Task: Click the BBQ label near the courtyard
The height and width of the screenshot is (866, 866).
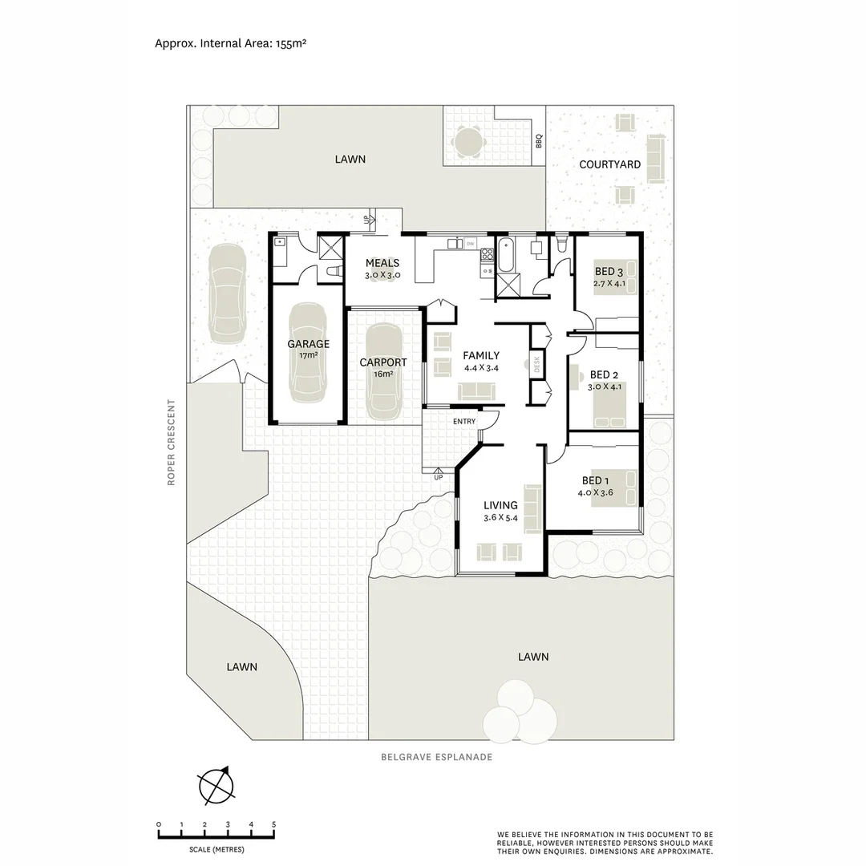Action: tap(539, 141)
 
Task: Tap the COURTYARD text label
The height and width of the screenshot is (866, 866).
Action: tap(609, 164)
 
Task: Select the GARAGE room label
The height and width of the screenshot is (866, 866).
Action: tap(308, 344)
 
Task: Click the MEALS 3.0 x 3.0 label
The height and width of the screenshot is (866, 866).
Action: tap(382, 269)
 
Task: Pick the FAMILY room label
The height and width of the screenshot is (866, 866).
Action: tap(481, 356)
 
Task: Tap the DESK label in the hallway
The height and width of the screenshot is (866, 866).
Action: tap(537, 365)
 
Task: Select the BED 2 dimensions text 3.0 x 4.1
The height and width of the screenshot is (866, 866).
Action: tap(605, 386)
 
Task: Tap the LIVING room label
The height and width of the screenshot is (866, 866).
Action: tap(500, 505)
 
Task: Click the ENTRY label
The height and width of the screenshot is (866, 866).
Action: tap(463, 422)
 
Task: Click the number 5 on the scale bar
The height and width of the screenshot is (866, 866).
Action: tap(274, 825)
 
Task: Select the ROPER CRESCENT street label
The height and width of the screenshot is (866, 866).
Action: tap(171, 442)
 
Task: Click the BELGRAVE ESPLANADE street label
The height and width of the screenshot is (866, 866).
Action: tap(436, 756)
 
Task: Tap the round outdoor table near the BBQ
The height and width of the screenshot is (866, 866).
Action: tap(467, 142)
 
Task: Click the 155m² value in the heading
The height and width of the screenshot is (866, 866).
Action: tap(289, 43)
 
